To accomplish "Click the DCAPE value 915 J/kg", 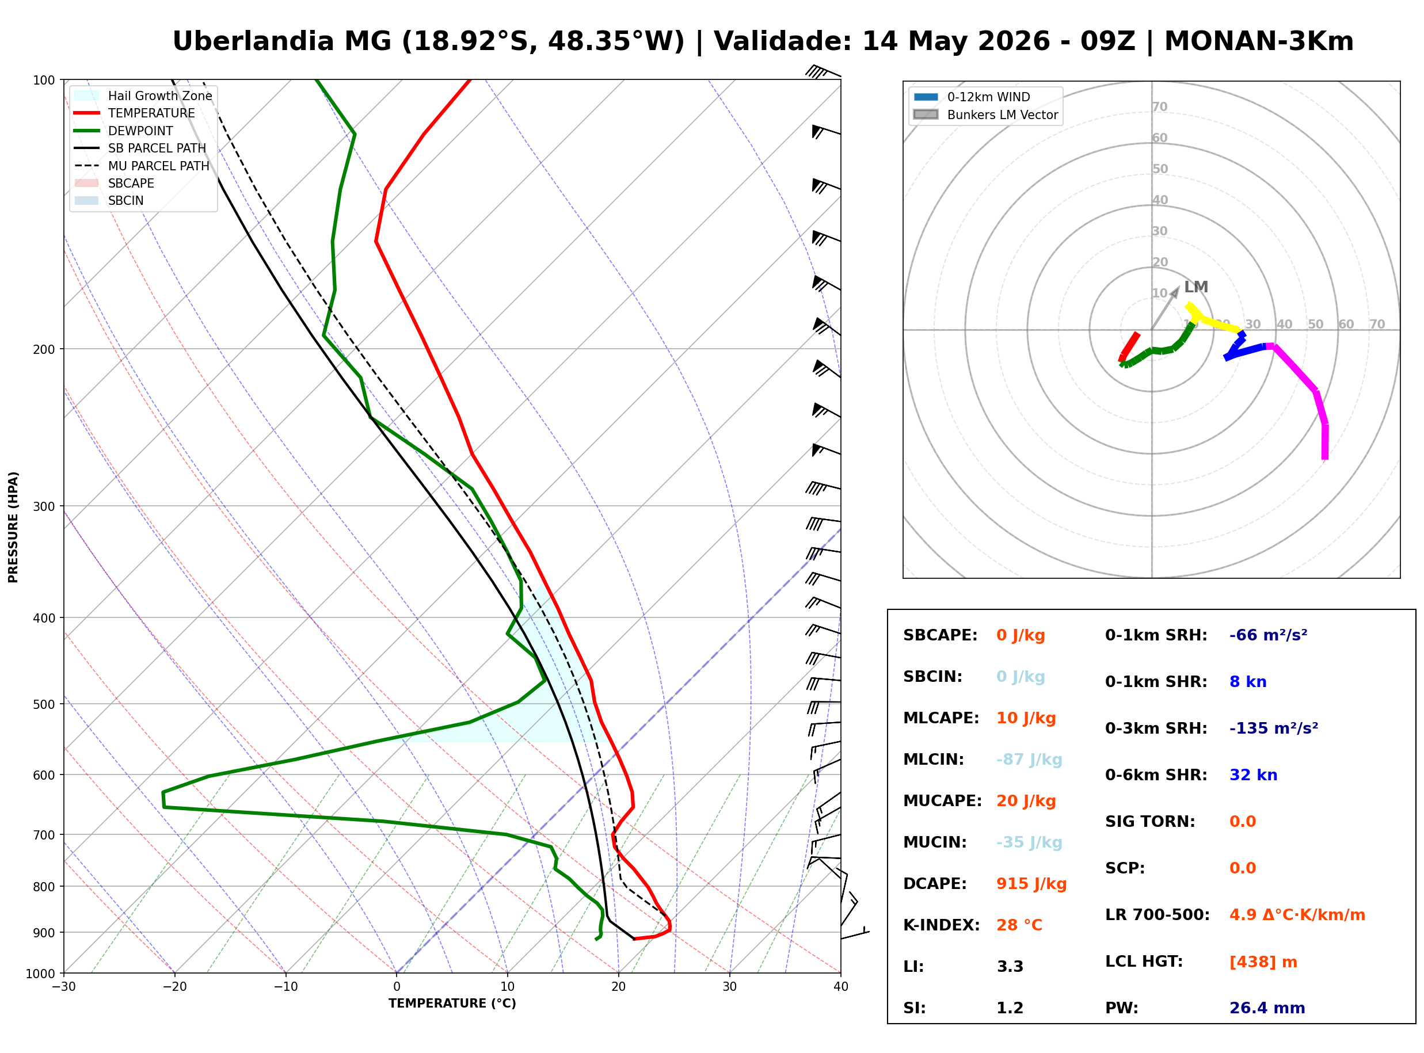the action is click(1031, 883).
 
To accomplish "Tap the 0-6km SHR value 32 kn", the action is click(1253, 775).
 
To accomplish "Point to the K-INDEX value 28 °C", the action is click(1019, 925).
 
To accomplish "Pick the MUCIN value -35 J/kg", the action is click(1029, 842).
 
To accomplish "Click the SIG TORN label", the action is click(1150, 822).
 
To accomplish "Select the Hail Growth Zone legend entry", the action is click(143, 96).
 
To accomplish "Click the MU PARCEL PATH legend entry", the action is click(142, 166).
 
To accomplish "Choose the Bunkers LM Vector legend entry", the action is click(985, 115).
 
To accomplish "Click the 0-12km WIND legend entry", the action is click(972, 97).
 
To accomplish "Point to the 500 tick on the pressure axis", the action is click(44, 704).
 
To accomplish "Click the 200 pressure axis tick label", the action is click(44, 349).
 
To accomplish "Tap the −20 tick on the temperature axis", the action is click(174, 987).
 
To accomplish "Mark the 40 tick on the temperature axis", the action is click(840, 987).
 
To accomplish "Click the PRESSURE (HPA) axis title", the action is click(13, 526).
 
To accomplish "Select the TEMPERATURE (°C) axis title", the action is click(452, 1004).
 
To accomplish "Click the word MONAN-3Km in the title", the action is click(1258, 41).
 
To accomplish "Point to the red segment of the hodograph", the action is click(1129, 347).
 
